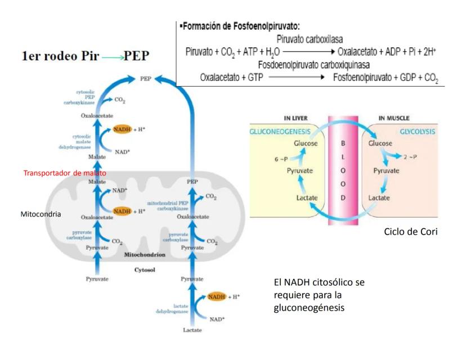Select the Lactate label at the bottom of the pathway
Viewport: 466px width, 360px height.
[191, 330]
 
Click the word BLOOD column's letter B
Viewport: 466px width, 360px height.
[343, 143]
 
